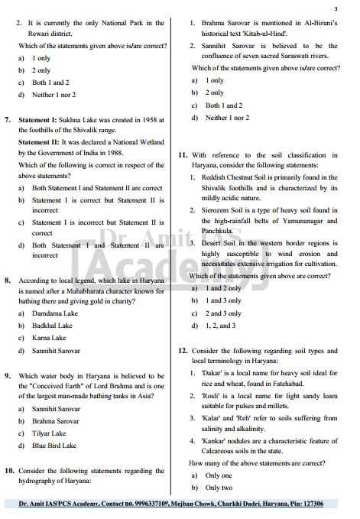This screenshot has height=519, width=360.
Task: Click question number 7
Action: pos(8,120)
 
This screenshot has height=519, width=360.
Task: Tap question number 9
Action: pos(8,376)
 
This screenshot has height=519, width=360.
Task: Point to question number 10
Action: pos(9,471)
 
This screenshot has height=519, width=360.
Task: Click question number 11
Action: pos(183,154)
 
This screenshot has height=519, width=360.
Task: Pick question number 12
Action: pos(183,350)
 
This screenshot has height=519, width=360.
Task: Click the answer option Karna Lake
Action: pos(49,338)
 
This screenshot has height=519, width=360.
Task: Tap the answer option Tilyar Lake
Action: pos(50,433)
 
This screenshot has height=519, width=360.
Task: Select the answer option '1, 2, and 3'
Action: pos(220,325)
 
